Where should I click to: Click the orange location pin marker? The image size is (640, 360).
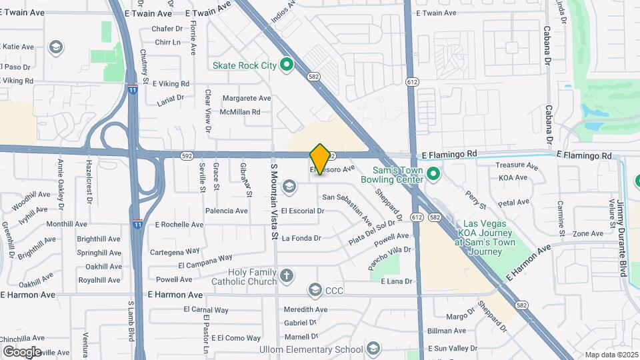pos(321,159)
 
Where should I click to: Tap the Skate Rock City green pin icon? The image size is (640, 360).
pos(287,65)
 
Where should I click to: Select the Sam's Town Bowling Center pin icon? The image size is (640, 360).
pos(433,174)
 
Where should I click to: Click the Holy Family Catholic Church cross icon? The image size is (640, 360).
pos(287,275)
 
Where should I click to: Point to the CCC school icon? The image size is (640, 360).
pos(315,290)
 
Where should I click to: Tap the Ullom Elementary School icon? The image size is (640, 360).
pos(374,349)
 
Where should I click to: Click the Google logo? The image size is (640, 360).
pos(22,351)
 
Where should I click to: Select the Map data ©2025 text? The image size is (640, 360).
pos(611,355)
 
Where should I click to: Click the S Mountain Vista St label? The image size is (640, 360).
pos(274,203)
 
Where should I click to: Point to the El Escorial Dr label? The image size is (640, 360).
pos(303,211)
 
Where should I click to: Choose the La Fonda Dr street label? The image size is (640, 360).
pos(301,238)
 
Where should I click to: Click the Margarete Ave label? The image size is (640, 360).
pos(247,98)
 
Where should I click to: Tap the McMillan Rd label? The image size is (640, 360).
pos(240,112)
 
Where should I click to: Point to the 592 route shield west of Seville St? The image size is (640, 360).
pos(187,156)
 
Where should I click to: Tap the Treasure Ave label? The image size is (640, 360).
pos(517,165)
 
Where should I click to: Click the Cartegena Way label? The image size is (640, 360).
pos(175,251)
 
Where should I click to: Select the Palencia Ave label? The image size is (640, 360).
pos(227,211)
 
